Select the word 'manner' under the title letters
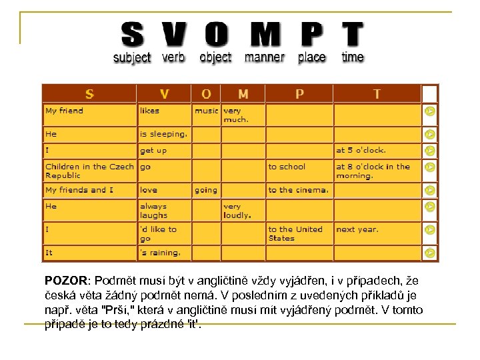[265, 57]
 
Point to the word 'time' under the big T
[353, 57]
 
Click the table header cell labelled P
[299, 94]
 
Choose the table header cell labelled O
[207, 94]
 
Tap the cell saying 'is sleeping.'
[163, 134]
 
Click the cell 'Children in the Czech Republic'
[89, 171]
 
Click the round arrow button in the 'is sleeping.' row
[431, 135]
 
